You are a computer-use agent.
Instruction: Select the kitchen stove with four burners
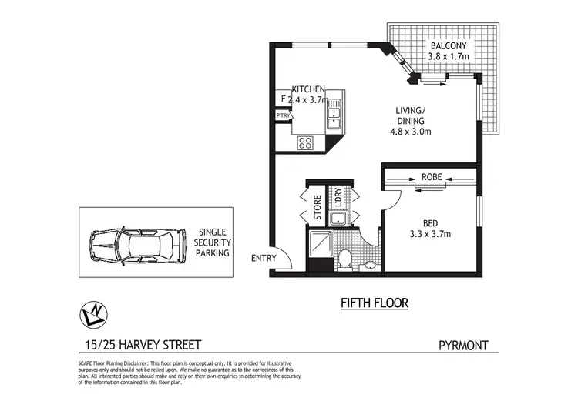click(305, 142)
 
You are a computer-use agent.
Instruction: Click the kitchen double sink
click(334, 118)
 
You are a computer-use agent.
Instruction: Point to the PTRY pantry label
click(283, 115)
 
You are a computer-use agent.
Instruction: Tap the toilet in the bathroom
click(345, 257)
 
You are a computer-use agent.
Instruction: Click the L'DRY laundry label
click(337, 199)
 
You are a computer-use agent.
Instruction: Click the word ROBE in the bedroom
click(432, 177)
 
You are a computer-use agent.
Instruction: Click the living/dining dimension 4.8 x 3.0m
click(410, 131)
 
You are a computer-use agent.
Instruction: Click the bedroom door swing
click(390, 199)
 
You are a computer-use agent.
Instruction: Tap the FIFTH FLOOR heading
click(375, 303)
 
